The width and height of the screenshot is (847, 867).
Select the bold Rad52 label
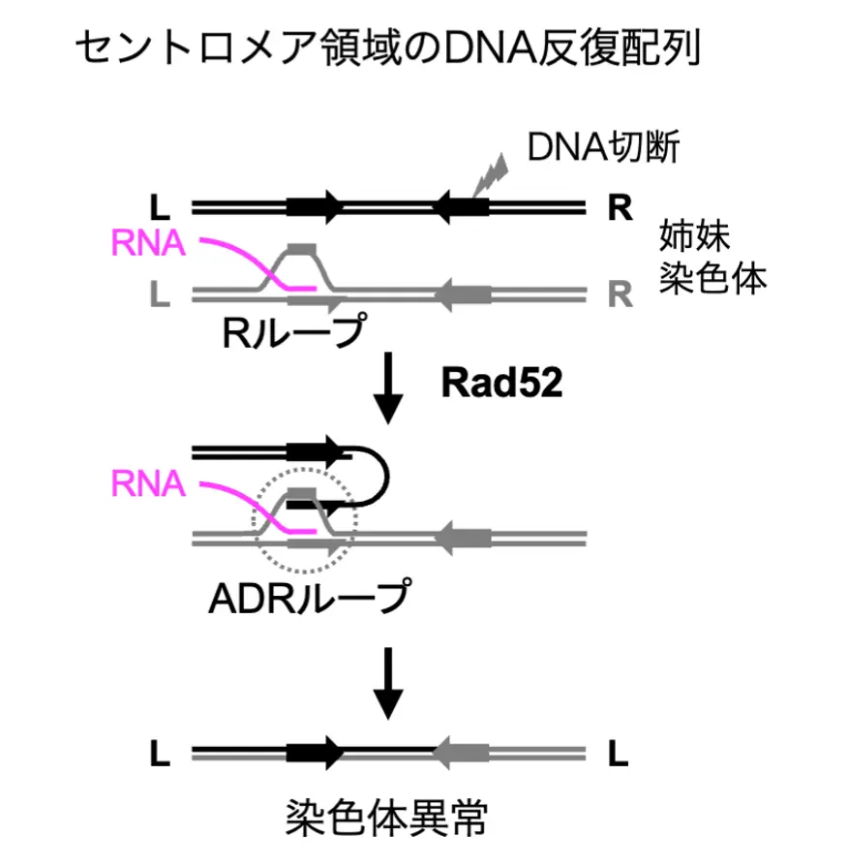495,383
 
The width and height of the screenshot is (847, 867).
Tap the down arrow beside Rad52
389,387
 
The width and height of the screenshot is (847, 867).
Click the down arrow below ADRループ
389,681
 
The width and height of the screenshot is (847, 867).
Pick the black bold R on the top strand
620,207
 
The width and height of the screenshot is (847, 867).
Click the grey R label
620,293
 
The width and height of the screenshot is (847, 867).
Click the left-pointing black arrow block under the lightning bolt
461,206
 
